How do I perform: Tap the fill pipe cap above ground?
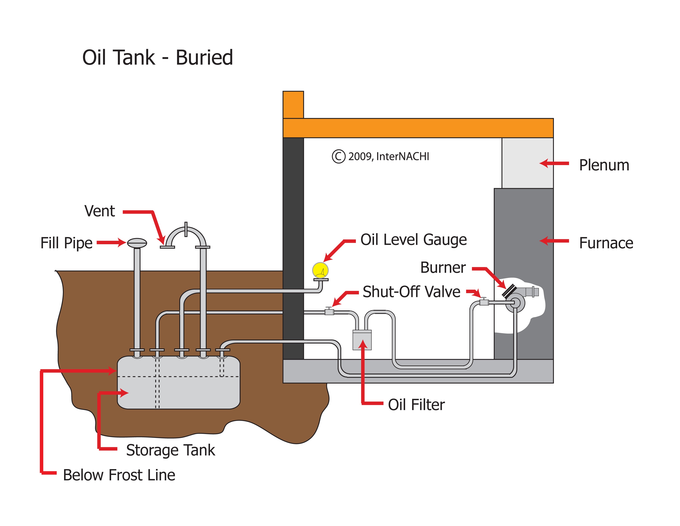(137, 243)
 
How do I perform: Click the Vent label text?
(100, 211)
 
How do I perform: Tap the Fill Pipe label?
(66, 243)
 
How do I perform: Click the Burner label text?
(443, 267)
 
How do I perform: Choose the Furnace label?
(606, 243)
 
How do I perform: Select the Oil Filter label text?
(416, 405)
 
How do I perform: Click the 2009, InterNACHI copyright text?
(388, 156)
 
